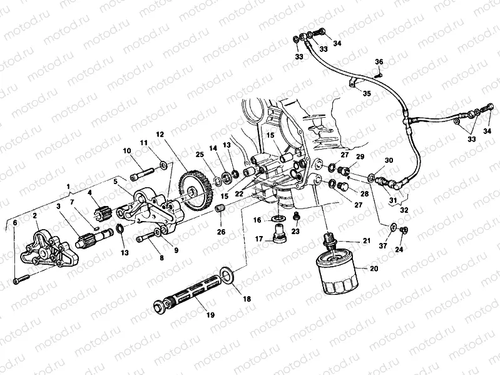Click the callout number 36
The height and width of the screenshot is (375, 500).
[x=379, y=61]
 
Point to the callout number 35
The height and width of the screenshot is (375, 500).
[x=367, y=93]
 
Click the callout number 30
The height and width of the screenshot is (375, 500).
[x=388, y=161]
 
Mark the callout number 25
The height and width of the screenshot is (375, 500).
[x=200, y=155]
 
